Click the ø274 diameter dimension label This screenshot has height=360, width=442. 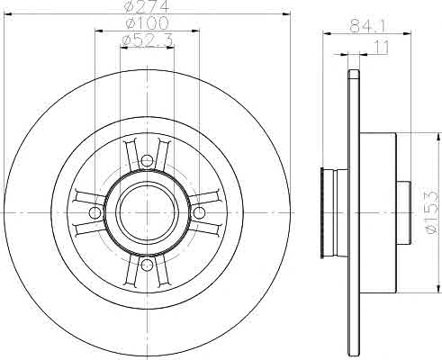147,6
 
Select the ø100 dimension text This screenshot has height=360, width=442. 147,23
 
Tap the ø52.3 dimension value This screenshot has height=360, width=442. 148,40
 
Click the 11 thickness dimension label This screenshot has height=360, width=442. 382,48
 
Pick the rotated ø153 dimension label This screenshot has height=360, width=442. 431,212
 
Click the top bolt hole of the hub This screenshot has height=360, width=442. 147,160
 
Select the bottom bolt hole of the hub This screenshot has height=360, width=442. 147,265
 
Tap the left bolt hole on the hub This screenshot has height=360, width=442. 95,212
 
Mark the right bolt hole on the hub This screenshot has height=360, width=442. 199,212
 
